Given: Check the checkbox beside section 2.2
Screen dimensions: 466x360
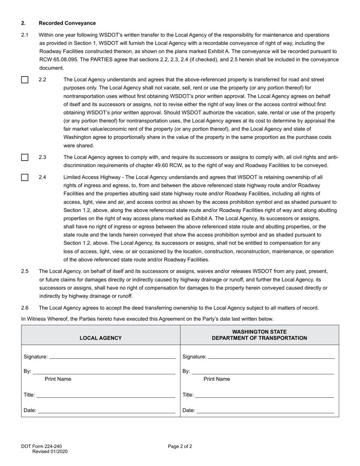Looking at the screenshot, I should coord(25,80).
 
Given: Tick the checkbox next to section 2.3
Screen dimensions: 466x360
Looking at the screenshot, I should coord(25,157).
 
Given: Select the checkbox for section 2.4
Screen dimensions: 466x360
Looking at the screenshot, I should coord(25,177).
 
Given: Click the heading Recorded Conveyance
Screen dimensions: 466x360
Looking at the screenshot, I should coord(67,23).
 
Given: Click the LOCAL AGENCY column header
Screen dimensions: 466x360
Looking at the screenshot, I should coord(100,338).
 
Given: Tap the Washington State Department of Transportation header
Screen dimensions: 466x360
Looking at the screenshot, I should coord(259,335).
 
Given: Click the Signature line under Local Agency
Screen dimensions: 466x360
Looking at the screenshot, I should coord(113,357).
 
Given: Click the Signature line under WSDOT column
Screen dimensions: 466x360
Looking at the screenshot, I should coord(271,357).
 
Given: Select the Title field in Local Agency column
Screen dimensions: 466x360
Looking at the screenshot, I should coord(106,395).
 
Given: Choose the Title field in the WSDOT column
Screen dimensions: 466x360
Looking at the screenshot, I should coord(265,395).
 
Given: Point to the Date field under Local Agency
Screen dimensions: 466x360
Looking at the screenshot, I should coord(106,410).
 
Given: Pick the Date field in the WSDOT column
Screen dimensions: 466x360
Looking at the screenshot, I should coord(265,410).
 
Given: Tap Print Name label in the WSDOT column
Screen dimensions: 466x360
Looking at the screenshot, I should coord(217,379).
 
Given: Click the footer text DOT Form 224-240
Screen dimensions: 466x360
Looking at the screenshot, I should coord(41,446).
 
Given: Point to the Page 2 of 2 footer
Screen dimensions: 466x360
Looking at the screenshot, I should coord(180,446).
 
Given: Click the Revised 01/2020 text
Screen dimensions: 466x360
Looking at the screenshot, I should coord(50,451).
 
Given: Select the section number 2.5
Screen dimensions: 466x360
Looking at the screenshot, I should coord(25,271).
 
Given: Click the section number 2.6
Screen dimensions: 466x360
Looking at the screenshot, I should coord(25,308).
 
